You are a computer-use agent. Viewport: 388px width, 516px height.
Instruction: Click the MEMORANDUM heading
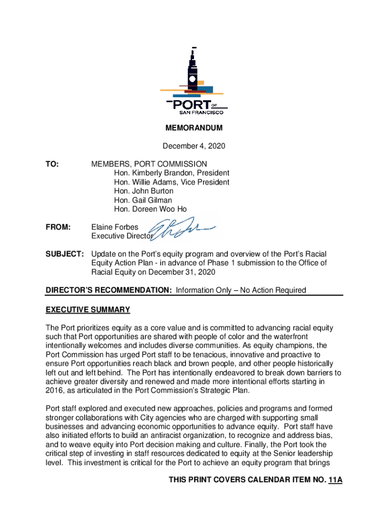coord(194,128)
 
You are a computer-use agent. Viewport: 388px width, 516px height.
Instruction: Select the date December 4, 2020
coord(194,146)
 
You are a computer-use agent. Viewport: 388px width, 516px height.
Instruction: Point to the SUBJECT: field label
coord(64,254)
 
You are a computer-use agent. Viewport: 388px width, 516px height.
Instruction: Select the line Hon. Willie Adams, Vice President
coord(171,182)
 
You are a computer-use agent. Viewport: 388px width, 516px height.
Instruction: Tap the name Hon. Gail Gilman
coord(143,200)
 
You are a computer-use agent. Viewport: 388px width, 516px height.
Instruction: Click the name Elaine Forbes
coord(114,227)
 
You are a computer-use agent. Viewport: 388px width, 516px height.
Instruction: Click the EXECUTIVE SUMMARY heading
coord(88,309)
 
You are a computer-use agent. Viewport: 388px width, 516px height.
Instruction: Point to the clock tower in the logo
coord(193,73)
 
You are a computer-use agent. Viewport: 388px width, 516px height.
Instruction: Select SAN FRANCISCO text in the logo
coord(195,112)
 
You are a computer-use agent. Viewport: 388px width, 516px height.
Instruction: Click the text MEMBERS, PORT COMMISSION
coord(149,164)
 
